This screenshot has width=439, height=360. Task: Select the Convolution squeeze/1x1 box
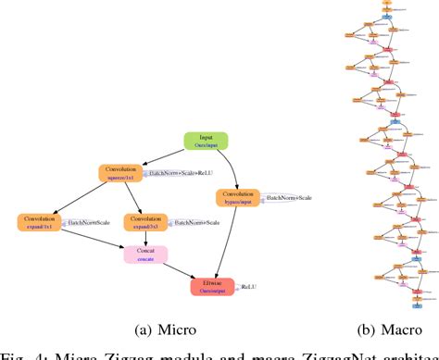[x=119, y=173]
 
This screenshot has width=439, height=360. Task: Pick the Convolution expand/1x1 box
[x=39, y=222]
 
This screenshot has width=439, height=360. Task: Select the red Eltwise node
[x=213, y=287]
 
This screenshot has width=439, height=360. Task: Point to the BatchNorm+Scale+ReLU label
[x=182, y=173]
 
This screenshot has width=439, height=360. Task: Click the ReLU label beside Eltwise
[x=249, y=288]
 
